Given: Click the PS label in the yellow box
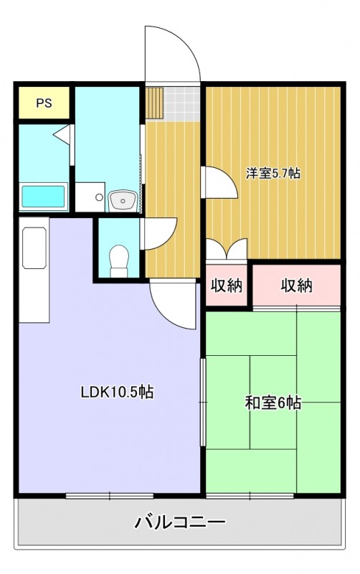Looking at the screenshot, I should click(x=44, y=103).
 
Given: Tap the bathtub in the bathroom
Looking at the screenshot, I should click(x=44, y=196).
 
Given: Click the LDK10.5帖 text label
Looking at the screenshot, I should click(x=117, y=392).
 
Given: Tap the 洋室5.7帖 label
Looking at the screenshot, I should click(x=273, y=173).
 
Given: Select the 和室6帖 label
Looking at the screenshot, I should click(x=273, y=403).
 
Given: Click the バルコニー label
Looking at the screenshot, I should click(x=180, y=522).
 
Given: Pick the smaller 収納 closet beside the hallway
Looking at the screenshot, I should click(x=226, y=286).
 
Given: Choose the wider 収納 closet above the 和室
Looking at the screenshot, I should click(x=296, y=286).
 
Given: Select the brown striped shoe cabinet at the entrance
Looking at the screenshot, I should click(x=155, y=103).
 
